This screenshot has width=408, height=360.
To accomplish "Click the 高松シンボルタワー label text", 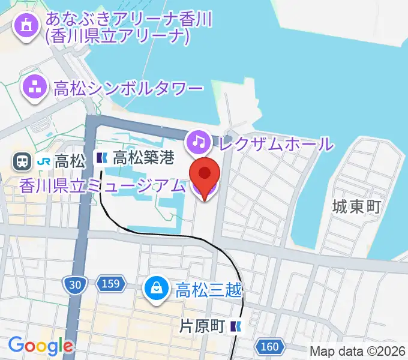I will (128, 89).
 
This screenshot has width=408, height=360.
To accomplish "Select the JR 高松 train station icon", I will (22, 161).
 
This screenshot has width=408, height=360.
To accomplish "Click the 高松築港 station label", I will (143, 158).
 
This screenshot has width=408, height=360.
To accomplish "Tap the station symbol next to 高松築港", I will (102, 158).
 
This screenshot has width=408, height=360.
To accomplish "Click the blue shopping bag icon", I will (156, 290).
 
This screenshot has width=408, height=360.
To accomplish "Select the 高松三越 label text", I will (209, 291).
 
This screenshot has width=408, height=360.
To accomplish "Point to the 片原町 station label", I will (202, 326).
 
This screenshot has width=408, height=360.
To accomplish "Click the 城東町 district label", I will (356, 208).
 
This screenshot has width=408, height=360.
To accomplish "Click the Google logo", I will (40, 346).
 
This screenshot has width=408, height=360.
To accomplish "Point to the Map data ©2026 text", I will (358, 350).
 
